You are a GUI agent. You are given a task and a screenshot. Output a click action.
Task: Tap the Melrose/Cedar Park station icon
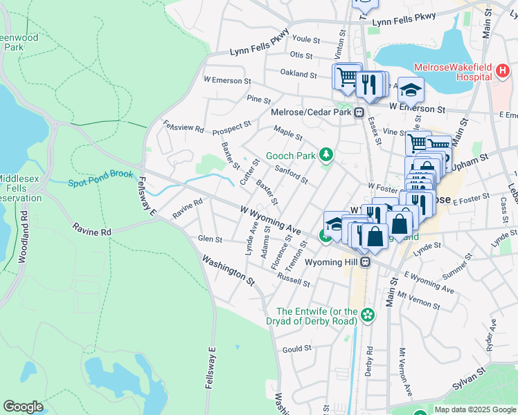tap(359, 113)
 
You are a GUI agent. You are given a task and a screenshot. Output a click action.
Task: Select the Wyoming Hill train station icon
tap(371, 262)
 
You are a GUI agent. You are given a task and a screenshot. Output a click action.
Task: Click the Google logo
tap(23, 407)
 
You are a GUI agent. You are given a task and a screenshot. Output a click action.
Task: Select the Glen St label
tap(210, 239)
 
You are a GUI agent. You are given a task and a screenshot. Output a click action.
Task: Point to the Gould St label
tap(297, 349)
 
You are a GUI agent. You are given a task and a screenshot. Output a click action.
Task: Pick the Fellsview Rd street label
tap(183, 128)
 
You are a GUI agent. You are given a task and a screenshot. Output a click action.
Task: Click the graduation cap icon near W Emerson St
tap(411, 90)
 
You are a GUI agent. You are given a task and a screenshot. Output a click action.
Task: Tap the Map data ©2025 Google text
tap(474, 409)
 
